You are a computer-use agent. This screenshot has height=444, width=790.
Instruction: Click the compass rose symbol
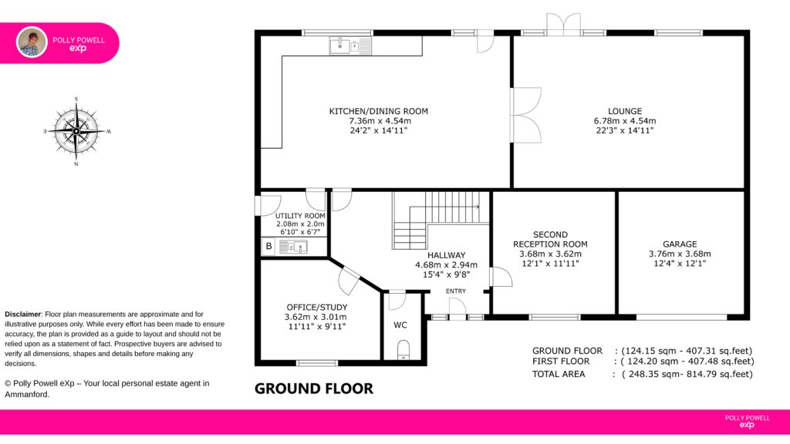click(76, 131)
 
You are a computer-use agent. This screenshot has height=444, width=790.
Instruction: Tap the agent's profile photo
click(32, 42)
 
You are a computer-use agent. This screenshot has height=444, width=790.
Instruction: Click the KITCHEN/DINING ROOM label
click(378, 111)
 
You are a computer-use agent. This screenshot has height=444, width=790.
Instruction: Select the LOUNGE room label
click(625, 111)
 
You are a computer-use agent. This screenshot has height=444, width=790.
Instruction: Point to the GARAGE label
click(680, 244)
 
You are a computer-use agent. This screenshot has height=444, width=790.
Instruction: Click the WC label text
click(400, 325)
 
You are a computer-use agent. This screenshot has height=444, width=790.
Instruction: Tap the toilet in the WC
click(403, 350)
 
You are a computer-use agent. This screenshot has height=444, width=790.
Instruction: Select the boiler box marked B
click(268, 246)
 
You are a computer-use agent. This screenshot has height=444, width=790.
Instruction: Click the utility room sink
click(294, 247)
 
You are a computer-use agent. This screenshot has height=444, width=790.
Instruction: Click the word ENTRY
click(455, 291)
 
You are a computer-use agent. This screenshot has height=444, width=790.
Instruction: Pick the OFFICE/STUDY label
click(317, 307)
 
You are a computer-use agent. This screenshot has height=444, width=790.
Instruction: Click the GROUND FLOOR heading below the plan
click(314, 388)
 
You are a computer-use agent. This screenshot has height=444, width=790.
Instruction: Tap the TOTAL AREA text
click(559, 374)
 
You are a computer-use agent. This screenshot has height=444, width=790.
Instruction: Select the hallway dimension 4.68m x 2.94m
click(446, 265)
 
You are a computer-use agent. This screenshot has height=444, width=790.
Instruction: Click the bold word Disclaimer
click(22, 314)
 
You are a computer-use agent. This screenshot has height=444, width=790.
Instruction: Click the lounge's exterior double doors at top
click(564, 24)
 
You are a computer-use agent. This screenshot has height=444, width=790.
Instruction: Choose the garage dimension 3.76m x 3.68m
click(680, 254)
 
